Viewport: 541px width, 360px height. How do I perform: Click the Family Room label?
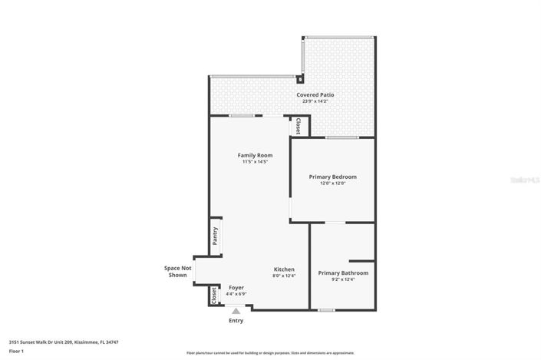tap(254, 155)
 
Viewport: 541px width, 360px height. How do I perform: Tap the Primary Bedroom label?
tap(332, 177)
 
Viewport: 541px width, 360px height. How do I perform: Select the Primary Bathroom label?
tap(343, 272)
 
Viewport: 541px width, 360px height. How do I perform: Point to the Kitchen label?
tap(284, 269)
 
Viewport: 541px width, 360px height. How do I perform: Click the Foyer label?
tap(236, 287)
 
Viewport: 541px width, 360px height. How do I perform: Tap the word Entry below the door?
tap(236, 321)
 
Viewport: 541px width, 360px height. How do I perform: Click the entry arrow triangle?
tap(236, 311)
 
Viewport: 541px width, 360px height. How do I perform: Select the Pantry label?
tap(216, 236)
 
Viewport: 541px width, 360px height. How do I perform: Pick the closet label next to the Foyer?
tap(213, 296)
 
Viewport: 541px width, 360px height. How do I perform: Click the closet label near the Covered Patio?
tap(298, 126)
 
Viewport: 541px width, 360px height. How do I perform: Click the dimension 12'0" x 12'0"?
tap(332, 183)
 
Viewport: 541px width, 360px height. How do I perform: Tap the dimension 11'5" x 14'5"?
tap(254, 162)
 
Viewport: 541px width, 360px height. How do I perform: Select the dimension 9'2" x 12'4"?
tap(343, 279)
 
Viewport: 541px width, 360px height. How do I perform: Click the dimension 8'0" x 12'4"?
tap(284, 276)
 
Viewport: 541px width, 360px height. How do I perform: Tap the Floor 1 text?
tap(16, 351)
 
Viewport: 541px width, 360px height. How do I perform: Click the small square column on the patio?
tap(300, 78)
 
